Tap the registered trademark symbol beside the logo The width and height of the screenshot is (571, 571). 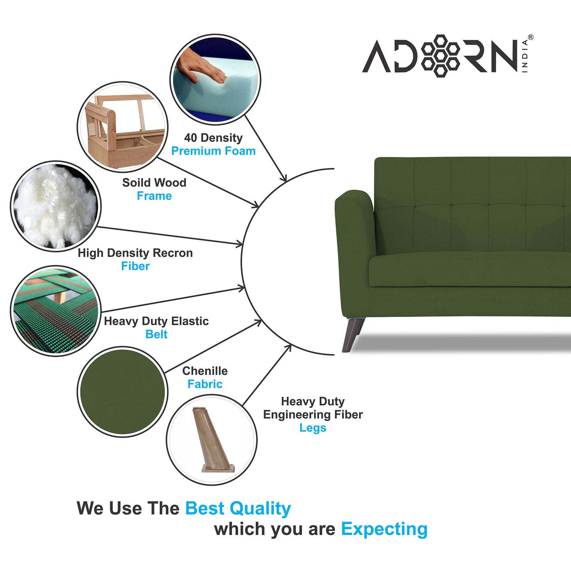click(530, 38)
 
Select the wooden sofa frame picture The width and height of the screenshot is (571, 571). click(122, 127)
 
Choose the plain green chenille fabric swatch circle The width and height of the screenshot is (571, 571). click(122, 392)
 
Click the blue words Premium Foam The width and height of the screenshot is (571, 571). click(213, 151)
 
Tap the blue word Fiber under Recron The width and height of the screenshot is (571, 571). click(135, 266)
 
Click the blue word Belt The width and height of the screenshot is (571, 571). click(156, 334)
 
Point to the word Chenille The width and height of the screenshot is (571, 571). click(205, 371)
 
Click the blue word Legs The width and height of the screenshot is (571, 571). click(313, 428)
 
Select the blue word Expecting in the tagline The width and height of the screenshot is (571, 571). click(384, 529)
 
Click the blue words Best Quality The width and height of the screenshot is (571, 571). click(238, 509)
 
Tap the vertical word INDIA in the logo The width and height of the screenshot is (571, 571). click(525, 56)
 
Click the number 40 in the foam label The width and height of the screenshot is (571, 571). click(190, 138)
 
